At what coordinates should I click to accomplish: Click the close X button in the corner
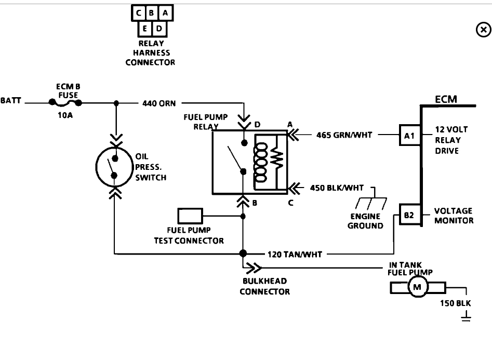pos(484,30)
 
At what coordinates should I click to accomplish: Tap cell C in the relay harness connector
pos(138,13)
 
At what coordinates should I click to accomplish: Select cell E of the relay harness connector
pos(144,29)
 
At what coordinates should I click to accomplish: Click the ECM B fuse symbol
pos(65,103)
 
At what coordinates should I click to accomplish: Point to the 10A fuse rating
pos(65,115)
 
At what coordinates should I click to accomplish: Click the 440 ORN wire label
pos(159,103)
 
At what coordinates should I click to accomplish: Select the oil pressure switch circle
pos(114,167)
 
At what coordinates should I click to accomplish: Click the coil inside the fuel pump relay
pos(260,162)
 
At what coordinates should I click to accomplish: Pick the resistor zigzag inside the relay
pos(276,160)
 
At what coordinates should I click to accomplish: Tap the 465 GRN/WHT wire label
pos(344,135)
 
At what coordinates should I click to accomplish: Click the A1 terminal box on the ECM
pos(409,135)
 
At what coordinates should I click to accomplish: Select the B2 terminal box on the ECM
pos(409,215)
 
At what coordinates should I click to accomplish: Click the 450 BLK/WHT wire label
pos(337,188)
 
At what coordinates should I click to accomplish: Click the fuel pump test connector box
pos(190,216)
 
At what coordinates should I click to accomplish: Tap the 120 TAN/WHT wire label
pos(295,254)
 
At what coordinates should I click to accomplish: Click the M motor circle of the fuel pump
pos(418,287)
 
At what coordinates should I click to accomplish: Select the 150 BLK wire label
pos(455,303)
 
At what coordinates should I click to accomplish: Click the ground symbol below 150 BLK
pos(466,316)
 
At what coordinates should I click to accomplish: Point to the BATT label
pos(11,100)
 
